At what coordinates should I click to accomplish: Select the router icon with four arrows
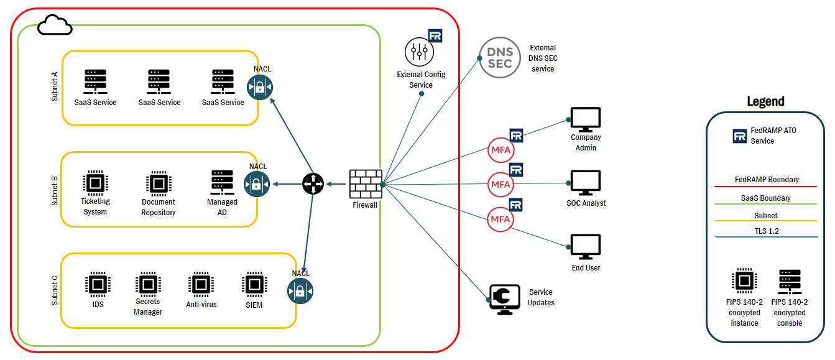[x=313, y=183]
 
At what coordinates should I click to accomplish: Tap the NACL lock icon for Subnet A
[x=260, y=87]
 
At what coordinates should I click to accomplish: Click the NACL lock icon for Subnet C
[x=300, y=291]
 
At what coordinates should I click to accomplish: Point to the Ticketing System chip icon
[x=95, y=183]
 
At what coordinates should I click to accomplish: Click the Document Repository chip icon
[x=158, y=183]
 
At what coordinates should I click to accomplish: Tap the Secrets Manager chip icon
[x=147, y=283]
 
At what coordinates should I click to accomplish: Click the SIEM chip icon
[x=253, y=284]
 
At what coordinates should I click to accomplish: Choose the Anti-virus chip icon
[x=201, y=284]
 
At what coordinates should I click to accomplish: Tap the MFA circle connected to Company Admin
[x=501, y=150]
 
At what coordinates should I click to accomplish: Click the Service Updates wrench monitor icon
[x=504, y=297]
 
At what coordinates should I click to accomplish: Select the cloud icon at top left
[x=55, y=25]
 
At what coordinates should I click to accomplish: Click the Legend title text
[x=765, y=101]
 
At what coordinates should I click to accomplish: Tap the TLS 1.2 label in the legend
[x=765, y=231]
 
